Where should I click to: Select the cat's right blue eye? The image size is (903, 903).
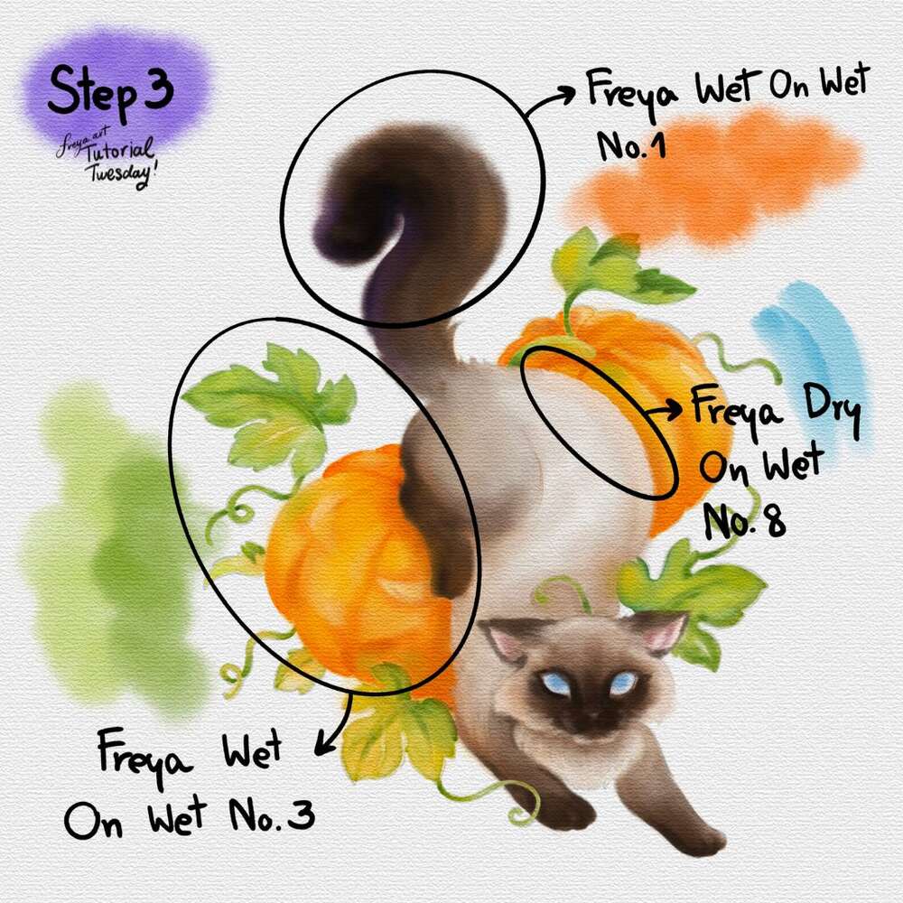tap(624, 683)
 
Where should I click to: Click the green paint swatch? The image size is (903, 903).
tap(116, 547)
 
